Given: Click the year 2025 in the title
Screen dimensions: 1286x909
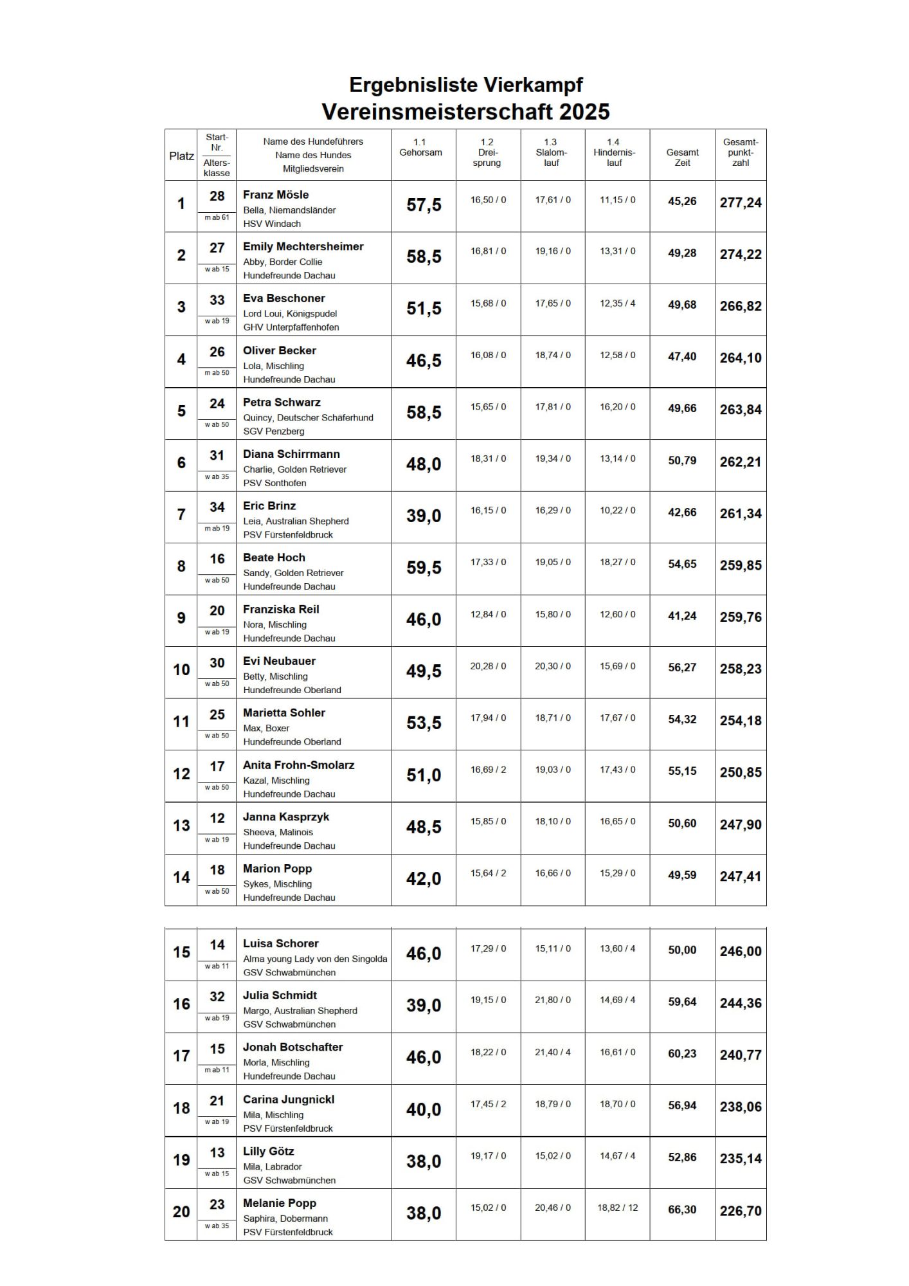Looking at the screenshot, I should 584,112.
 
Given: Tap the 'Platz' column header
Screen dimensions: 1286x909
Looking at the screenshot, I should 181,156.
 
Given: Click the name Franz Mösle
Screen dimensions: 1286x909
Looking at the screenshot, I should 276,195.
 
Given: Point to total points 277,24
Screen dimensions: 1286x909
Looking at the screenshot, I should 741,203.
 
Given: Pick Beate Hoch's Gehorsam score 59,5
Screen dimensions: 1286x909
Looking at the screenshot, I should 424,568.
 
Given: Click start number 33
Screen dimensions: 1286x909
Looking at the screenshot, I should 217,300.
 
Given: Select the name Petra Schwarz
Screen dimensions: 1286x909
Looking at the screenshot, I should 282,403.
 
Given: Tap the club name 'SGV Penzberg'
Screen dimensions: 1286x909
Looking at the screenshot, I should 274,431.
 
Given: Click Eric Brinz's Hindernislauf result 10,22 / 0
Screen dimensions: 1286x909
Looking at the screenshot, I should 617,511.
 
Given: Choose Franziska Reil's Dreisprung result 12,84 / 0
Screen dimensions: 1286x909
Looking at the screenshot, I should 488,615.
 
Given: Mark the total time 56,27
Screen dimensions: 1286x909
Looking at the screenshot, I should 682,667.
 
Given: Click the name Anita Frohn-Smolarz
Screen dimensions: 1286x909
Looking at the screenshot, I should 298,765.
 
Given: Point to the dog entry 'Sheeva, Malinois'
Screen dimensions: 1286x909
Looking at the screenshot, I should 278,832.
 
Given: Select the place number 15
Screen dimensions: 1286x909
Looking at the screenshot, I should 181,952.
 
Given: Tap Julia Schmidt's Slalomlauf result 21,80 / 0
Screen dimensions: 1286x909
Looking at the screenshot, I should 552,1001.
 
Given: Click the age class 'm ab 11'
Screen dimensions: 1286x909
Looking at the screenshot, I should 217,1070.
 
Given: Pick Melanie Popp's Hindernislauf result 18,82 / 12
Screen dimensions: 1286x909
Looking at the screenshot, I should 617,1208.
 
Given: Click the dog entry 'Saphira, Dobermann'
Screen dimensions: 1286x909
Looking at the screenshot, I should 285,1219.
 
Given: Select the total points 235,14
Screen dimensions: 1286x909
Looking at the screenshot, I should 741,1159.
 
